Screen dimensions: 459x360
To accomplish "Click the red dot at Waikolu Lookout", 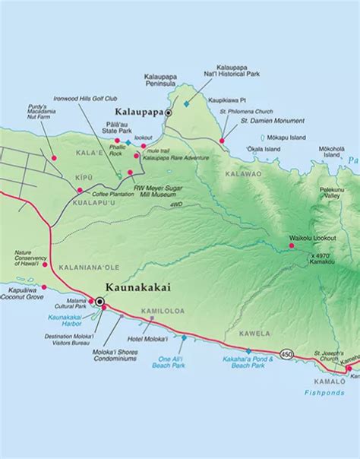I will [290, 245].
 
